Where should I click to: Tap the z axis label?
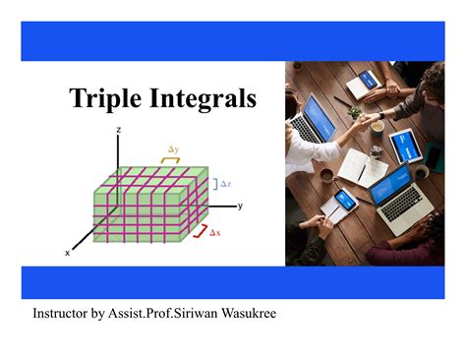coord(118,130)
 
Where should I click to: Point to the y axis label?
coord(239,206)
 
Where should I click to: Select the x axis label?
coord(68,253)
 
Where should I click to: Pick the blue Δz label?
coord(225,183)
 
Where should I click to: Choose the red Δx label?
coord(215,233)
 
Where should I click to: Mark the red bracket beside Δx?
coord(201,230)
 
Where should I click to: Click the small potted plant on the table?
coord(355,112)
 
